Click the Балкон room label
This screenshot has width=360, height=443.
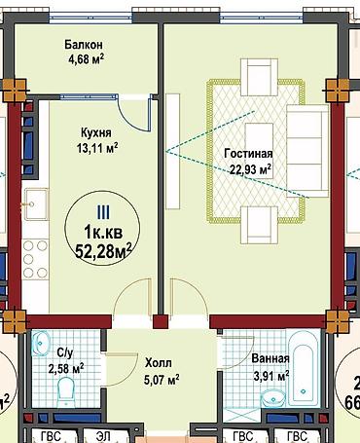[84, 45]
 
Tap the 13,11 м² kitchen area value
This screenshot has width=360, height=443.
[97, 148]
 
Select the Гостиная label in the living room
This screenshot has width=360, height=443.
[248, 153]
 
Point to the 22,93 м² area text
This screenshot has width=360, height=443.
[250, 169]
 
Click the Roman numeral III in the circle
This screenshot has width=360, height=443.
[103, 212]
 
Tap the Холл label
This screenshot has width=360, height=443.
[159, 363]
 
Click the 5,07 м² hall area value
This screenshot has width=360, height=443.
[162, 379]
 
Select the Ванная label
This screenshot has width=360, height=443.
[270, 358]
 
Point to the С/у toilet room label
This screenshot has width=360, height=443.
[65, 352]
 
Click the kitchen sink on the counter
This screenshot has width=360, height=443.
[35, 204]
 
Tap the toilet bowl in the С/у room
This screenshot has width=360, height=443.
[66, 390]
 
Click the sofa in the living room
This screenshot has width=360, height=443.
[307, 151]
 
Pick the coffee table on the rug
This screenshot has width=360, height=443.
[259, 151]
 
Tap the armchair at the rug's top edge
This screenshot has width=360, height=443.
[259, 77]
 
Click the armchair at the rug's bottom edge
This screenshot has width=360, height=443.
[259, 225]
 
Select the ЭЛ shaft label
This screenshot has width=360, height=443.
[103, 436]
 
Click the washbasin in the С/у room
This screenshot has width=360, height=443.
[41, 342]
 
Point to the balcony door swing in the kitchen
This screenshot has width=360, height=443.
[134, 114]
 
